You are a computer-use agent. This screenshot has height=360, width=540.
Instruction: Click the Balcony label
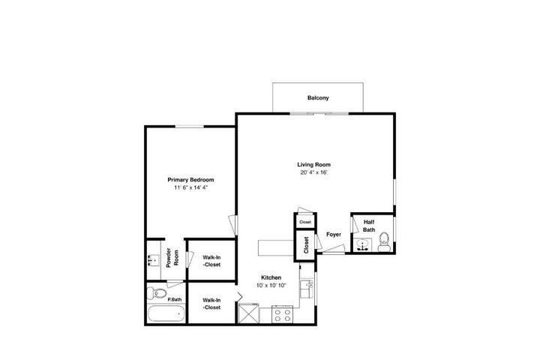tap(318, 97)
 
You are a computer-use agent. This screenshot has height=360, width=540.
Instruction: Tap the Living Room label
tap(313, 165)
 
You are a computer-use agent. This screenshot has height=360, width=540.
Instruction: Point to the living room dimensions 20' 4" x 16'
tap(313, 172)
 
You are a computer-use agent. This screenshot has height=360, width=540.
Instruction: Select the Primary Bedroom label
tap(190, 180)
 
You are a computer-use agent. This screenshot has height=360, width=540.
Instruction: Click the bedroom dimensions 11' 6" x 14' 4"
tap(190, 187)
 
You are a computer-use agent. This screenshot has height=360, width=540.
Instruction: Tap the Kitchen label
tap(271, 277)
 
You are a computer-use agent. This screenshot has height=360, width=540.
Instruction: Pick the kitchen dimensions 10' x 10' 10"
tap(271, 286)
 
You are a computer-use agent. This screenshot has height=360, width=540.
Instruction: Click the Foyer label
tap(334, 235)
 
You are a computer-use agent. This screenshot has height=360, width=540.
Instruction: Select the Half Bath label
tap(369, 226)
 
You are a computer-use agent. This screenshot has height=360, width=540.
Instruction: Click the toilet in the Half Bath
tap(383, 241)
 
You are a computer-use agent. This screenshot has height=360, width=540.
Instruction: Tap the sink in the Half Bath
tap(362, 245)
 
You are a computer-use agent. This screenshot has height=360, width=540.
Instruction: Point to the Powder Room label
tap(172, 258)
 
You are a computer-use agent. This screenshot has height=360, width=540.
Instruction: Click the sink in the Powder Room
tap(153, 260)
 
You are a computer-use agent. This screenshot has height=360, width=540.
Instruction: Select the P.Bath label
tap(175, 300)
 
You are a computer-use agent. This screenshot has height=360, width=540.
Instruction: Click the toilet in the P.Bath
tap(157, 293)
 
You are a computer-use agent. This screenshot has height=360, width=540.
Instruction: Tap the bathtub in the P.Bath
tap(166, 313)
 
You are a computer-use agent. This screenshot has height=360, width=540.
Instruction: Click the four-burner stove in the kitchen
tap(283, 314)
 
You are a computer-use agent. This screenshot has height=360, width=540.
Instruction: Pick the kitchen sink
tap(306, 289)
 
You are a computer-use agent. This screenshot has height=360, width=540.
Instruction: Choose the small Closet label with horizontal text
tap(305, 222)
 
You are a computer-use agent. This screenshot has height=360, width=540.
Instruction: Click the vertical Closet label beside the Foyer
tap(306, 245)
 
